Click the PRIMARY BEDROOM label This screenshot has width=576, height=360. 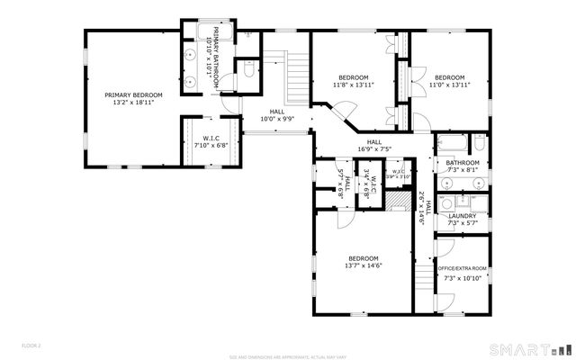tap(133, 94)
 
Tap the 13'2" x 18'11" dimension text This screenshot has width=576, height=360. tap(133, 103)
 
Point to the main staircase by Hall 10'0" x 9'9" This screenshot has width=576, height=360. tap(295, 79)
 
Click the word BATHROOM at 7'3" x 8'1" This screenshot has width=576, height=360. tap(463, 162)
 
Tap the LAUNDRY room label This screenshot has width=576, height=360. tap(463, 215)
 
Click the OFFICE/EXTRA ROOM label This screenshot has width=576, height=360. tap(463, 268)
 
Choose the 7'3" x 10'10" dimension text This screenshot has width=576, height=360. tap(463, 278)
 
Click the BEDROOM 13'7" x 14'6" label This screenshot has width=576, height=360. tap(363, 261)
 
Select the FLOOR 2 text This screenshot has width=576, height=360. tap(32, 346)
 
